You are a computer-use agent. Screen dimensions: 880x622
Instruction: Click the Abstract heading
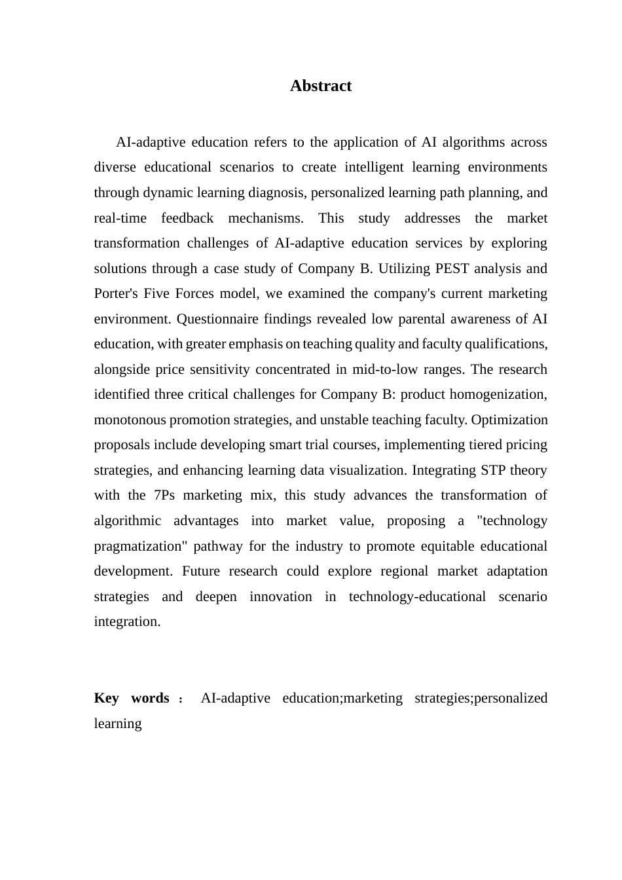click(x=321, y=86)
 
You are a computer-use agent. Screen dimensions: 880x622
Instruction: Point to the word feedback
click(x=187, y=218)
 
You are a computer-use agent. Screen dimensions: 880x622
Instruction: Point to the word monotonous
click(x=130, y=420)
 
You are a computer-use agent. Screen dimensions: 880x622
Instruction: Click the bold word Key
click(x=106, y=698)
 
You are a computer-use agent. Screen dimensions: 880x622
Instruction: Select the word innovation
click(x=281, y=596)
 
